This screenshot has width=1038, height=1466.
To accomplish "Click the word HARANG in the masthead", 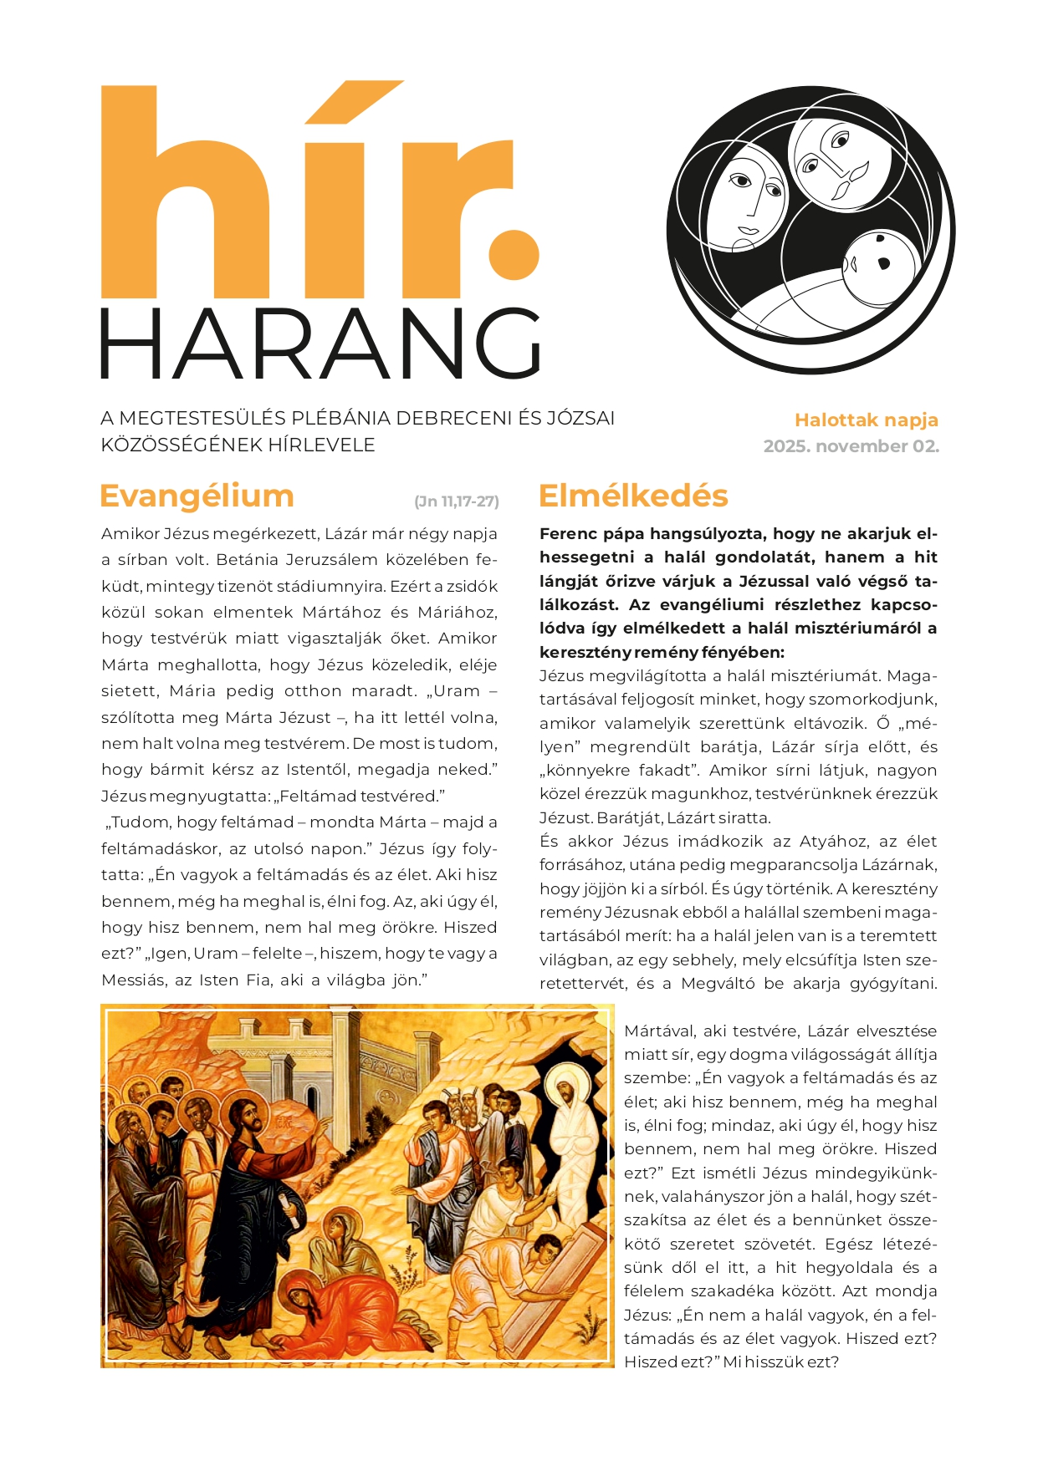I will tap(320, 344).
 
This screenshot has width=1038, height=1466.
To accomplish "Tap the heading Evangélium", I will tap(197, 496).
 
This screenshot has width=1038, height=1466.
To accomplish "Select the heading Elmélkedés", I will tap(633, 496).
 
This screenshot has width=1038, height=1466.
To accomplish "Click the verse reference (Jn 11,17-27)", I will tap(456, 501).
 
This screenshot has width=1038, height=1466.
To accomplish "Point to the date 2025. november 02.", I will tap(851, 446).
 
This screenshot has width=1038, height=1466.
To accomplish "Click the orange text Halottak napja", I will tap(866, 420).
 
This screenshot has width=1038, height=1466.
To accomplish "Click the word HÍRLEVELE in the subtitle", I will tap(322, 445).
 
